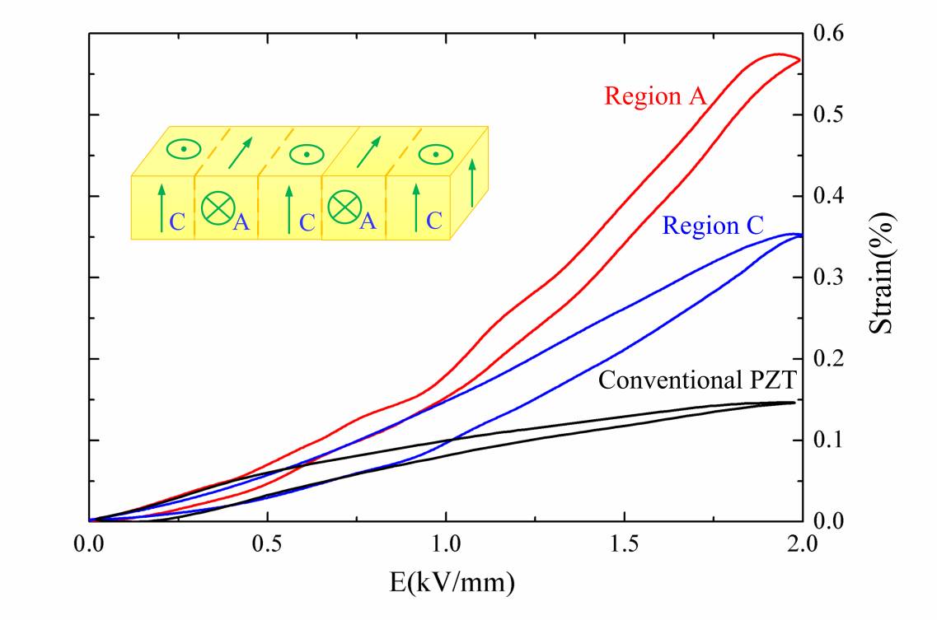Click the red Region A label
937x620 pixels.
[x=655, y=96]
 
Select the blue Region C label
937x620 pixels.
[x=714, y=226]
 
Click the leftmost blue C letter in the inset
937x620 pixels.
[x=176, y=221]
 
